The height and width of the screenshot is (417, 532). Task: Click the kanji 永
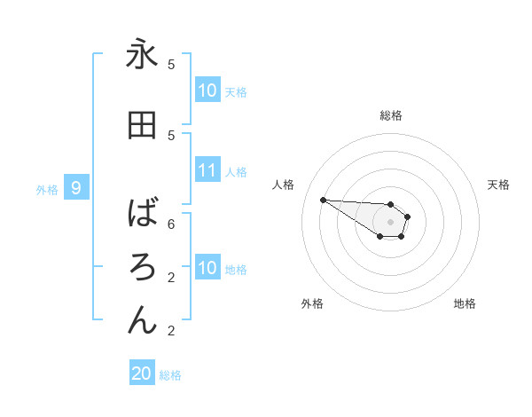pos(142,55)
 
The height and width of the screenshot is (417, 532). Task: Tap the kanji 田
pos(142,126)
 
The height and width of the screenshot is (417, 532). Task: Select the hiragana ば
pos(142,213)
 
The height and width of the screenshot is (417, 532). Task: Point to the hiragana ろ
pos(142,266)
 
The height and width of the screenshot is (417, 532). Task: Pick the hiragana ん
pos(142,319)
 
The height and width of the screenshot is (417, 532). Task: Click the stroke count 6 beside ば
pos(171,224)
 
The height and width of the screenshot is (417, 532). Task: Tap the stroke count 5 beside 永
pos(171,64)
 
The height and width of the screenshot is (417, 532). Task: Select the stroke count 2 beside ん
pos(171,330)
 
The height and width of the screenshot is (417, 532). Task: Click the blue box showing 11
pos(207,170)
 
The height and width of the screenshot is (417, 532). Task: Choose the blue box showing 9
pos(77,188)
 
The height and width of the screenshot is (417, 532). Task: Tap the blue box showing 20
pos(142,374)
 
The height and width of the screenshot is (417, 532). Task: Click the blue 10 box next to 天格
pos(207,90)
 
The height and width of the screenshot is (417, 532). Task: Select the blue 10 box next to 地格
pos(207,268)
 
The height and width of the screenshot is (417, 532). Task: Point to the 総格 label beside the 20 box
pos(170,375)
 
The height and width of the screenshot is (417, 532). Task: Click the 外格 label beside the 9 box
pos(47,189)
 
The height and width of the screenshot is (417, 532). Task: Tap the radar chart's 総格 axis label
pos(391,115)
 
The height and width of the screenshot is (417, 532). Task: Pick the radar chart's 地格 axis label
pos(465,303)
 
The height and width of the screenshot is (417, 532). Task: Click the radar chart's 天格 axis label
pos(498,185)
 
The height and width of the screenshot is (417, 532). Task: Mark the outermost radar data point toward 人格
pos(323,200)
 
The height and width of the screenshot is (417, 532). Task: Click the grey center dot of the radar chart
pos(391,222)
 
